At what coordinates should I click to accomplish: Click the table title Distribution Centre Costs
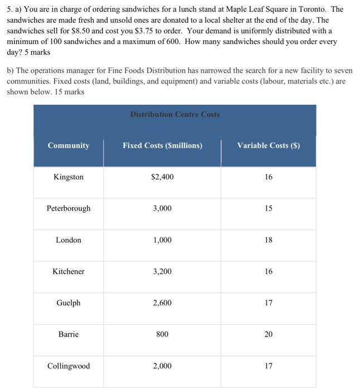click(175, 114)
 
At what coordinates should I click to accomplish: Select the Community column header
click(69, 145)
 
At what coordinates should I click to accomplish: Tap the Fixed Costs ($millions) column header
click(162, 145)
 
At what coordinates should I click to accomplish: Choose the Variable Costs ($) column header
click(268, 145)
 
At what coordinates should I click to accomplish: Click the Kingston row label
click(69, 177)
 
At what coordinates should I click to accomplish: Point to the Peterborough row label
click(69, 208)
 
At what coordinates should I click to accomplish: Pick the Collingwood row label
click(69, 366)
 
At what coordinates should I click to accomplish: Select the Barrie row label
click(69, 334)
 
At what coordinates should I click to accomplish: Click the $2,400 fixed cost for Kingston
click(162, 177)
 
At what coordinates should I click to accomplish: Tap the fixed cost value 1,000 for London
click(162, 240)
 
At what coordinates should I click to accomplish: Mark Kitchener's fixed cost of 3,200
click(162, 271)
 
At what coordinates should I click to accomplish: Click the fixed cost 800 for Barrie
click(162, 334)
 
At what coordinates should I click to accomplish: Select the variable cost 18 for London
click(269, 240)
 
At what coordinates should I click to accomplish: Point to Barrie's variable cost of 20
click(269, 334)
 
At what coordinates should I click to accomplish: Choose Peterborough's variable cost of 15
click(269, 208)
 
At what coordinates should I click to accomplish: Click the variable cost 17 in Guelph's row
click(269, 303)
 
